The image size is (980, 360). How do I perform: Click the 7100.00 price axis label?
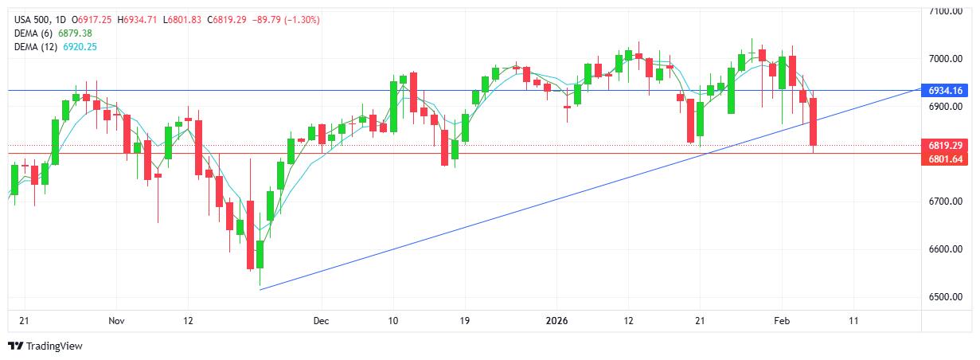pyautogui.click(x=947, y=11)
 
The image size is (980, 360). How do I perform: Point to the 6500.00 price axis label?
pyautogui.click(x=947, y=297)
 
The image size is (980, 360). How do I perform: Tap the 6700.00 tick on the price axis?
pyautogui.click(x=947, y=202)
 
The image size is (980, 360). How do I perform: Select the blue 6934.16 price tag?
pyautogui.click(x=947, y=91)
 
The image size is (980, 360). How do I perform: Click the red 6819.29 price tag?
pyautogui.click(x=947, y=146)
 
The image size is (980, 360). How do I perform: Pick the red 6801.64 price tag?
pyautogui.click(x=947, y=159)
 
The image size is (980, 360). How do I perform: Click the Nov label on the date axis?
pyautogui.click(x=116, y=321)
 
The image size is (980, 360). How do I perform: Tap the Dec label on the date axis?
pyautogui.click(x=321, y=321)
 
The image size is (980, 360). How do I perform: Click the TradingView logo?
pyautogui.click(x=45, y=346)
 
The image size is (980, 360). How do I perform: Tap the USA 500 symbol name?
pyautogui.click(x=31, y=19)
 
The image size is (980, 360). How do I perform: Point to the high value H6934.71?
pyautogui.click(x=138, y=19)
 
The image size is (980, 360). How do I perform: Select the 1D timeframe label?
pyautogui.click(x=61, y=19)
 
